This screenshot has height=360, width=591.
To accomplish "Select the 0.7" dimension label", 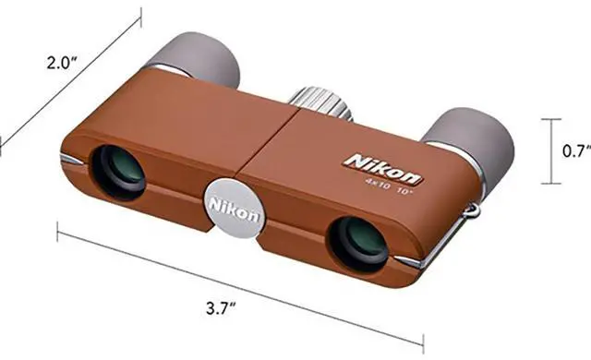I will click(575, 150).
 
